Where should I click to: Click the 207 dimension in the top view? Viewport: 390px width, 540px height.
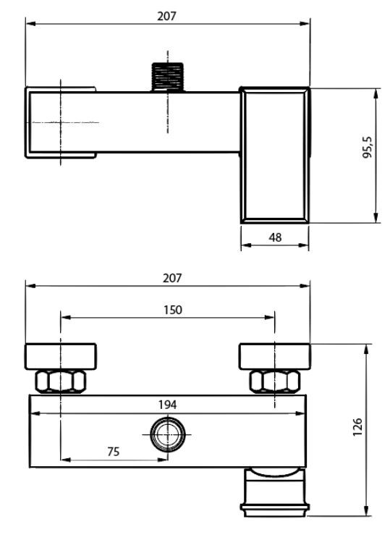click(166, 16)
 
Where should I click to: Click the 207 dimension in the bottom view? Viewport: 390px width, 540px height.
click(172, 278)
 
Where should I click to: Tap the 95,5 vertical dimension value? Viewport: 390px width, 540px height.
click(368, 147)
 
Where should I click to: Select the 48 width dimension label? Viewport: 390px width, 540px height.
click(275, 237)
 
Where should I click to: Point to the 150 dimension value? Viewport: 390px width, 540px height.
click(172, 310)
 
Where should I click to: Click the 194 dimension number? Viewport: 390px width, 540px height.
click(167, 405)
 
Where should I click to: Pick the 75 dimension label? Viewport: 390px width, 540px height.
click(114, 452)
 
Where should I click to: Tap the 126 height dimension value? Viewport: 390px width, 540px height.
click(357, 427)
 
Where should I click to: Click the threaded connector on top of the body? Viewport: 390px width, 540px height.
click(168, 77)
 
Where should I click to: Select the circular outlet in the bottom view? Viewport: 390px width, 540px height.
click(168, 434)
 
